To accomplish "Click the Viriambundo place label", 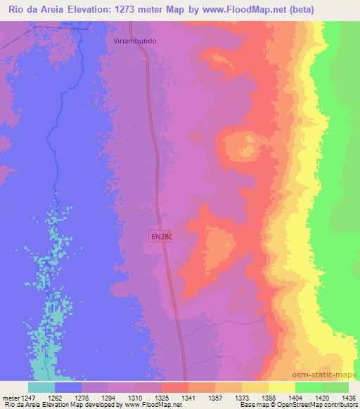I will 135,41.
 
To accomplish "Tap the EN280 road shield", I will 161,238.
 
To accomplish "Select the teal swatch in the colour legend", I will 41,387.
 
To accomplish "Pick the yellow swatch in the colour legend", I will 282,387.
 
